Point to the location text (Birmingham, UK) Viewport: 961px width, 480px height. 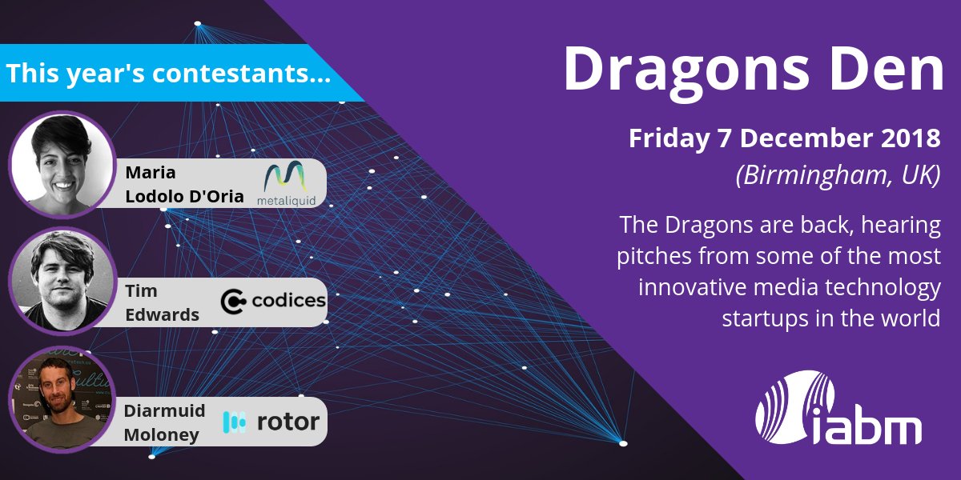click(x=838, y=175)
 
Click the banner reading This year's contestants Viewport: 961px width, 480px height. click(x=168, y=74)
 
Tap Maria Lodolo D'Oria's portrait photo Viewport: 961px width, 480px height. click(x=62, y=164)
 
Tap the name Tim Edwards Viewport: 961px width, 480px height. click(x=161, y=302)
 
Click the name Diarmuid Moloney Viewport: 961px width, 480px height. click(x=164, y=422)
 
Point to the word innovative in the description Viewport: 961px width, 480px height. click(x=696, y=286)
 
